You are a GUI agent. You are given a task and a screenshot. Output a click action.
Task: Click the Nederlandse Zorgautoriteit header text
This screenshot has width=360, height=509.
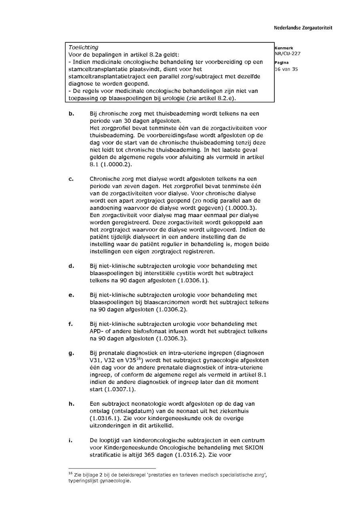[x=303, y=28]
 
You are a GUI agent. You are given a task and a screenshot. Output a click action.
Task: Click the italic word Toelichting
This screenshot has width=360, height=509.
[x=83, y=47]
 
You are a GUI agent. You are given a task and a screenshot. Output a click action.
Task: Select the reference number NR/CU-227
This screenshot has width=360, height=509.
[x=288, y=54]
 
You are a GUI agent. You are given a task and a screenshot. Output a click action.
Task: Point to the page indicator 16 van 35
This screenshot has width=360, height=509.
[x=286, y=69]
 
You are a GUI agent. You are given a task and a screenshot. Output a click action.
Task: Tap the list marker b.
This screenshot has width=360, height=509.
[x=71, y=114]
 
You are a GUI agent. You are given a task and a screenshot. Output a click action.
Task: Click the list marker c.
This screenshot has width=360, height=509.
[x=71, y=179]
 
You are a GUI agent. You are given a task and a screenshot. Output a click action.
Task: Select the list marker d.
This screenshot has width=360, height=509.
[x=71, y=266]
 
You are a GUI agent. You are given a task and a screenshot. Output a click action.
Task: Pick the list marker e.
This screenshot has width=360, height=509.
[x=71, y=295]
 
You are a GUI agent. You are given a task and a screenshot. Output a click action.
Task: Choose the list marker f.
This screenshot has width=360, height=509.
[x=71, y=324]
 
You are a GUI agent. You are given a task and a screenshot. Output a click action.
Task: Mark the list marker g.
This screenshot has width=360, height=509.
[x=71, y=353]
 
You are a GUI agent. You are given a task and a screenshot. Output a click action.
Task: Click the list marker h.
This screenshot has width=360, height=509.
[x=71, y=404]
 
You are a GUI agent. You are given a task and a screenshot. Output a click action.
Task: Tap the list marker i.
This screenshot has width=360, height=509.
[x=70, y=440]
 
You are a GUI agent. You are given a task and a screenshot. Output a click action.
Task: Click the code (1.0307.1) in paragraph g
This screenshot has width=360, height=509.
[x=120, y=389]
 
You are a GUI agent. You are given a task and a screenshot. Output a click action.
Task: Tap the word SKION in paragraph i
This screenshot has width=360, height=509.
[x=254, y=447]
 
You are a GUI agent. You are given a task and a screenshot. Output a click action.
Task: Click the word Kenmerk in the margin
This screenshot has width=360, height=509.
[x=284, y=48]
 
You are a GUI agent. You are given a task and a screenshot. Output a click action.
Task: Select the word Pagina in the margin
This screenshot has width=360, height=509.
[x=282, y=63]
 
